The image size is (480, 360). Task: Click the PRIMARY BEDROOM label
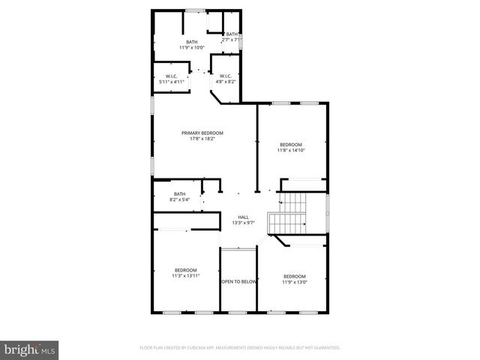(202, 133)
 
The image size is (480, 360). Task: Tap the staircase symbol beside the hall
(289, 213)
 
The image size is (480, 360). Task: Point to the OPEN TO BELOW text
(239, 282)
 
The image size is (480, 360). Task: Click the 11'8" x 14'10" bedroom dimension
(292, 150)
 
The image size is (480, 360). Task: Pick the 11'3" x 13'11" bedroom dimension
(186, 276)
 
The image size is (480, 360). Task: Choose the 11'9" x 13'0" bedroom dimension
(294, 282)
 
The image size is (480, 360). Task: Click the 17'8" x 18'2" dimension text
(202, 139)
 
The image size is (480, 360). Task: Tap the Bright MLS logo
(29, 349)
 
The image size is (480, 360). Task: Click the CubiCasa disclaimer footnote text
(240, 348)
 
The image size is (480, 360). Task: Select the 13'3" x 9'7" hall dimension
(244, 223)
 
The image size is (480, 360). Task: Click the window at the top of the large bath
(196, 10)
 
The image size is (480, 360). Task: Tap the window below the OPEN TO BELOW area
(238, 311)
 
